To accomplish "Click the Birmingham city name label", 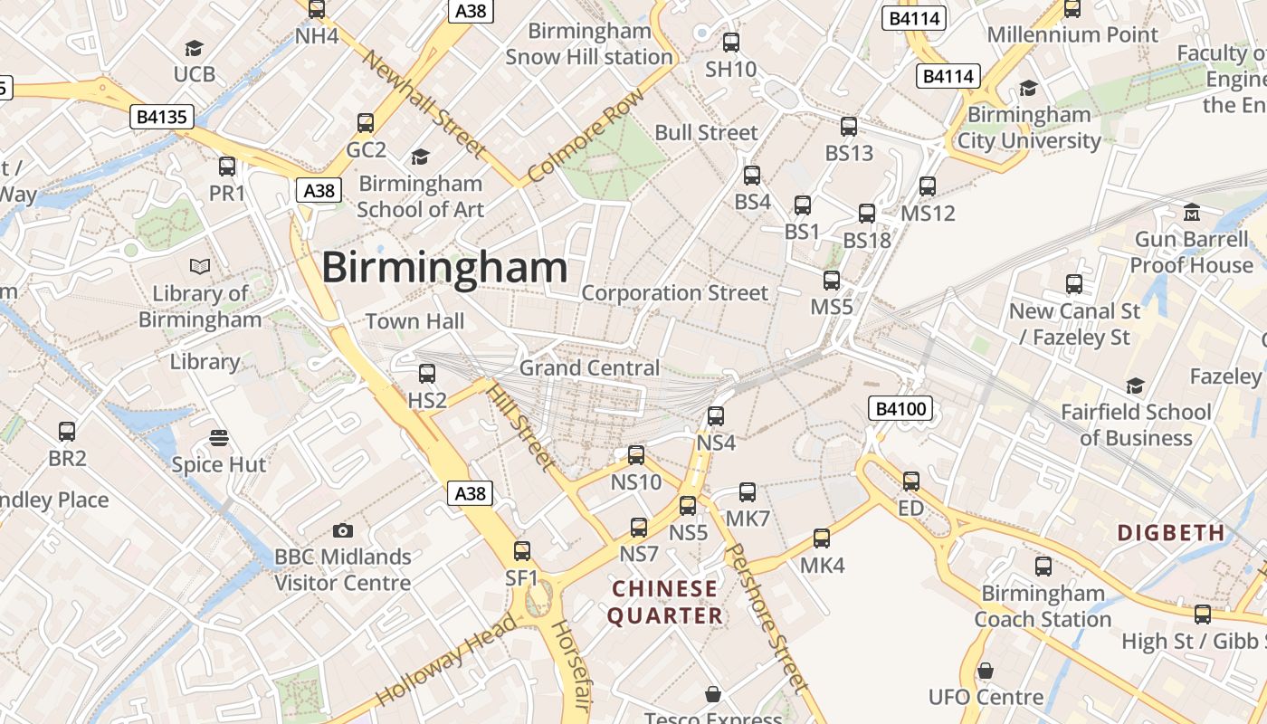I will click(444, 268).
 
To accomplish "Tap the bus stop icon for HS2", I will click(427, 373).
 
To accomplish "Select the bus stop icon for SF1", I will click(522, 550).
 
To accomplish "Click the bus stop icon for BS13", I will click(849, 127).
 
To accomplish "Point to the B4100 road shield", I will click(901, 409).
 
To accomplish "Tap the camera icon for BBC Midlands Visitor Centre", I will click(343, 530).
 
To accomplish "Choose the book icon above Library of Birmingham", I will click(200, 266).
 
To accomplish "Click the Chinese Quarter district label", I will click(665, 603).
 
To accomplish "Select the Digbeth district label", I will click(1171, 532).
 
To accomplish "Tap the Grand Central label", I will click(589, 368).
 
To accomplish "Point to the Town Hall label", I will click(414, 321).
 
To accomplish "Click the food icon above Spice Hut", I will click(219, 438).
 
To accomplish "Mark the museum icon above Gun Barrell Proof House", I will click(1192, 212).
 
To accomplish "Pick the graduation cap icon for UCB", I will click(195, 47).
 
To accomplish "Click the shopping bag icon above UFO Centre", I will click(986, 671).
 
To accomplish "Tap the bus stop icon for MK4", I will click(822, 538).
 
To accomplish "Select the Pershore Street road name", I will click(767, 617).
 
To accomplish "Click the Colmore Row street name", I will click(586, 135).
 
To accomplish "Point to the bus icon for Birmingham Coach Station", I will click(1043, 567).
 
